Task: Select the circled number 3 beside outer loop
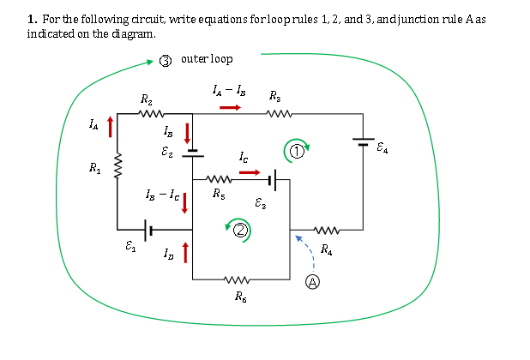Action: point(166,60)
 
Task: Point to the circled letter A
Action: point(314,280)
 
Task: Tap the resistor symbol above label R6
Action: point(238,279)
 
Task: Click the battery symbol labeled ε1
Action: point(148,230)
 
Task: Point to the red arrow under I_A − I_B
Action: point(230,108)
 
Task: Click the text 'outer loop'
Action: point(207,59)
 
